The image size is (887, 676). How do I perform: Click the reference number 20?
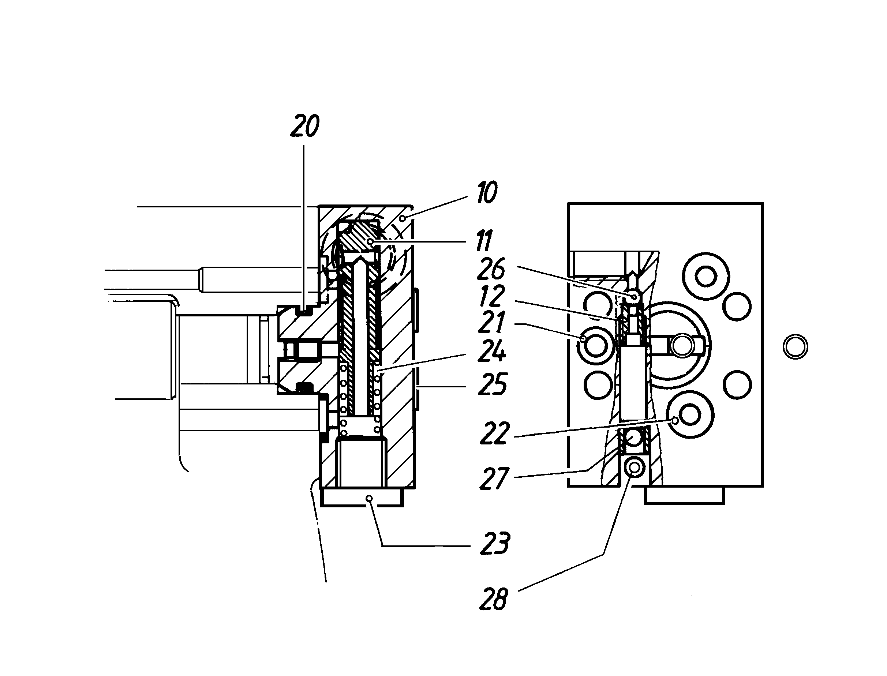coord(305,126)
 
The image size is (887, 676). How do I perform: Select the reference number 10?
coord(487,192)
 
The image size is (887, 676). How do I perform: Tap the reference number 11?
coord(484,241)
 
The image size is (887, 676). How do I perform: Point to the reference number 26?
coord(491,269)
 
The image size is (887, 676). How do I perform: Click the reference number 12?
coord(492,296)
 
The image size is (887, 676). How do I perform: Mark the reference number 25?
coord(493,384)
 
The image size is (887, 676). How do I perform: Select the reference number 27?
coord(495,478)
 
